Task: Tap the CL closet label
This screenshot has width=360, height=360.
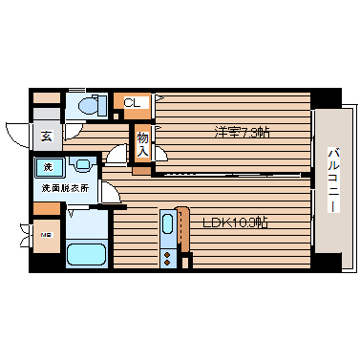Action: tap(132, 102)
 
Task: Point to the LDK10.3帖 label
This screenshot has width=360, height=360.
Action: tap(235, 222)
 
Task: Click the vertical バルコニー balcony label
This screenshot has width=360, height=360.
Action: tap(333, 180)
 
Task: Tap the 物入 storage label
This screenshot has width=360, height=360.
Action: tap(141, 144)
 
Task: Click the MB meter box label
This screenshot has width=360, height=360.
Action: tap(45, 235)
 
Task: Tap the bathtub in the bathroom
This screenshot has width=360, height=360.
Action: tap(87, 255)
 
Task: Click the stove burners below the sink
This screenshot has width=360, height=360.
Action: tap(169, 256)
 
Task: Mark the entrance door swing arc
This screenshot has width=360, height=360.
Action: tap(18, 135)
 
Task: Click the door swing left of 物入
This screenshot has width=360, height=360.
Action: tap(120, 153)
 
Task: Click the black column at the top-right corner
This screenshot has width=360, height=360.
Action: tap(326, 97)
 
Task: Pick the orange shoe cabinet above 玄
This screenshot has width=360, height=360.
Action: tap(46, 98)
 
